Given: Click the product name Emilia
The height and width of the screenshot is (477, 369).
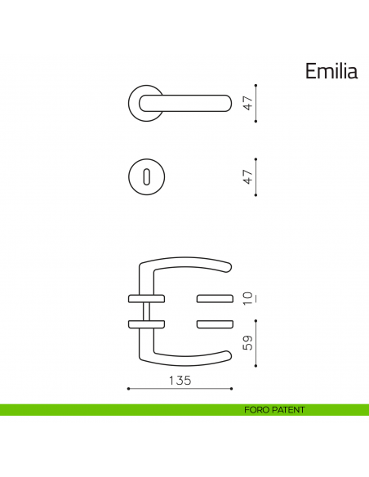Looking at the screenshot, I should [331, 71].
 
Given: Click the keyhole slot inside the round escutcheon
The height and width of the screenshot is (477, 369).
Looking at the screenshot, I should [147, 176].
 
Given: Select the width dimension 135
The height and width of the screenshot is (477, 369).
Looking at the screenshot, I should [180, 380].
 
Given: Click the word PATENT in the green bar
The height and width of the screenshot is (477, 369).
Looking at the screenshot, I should [288, 410].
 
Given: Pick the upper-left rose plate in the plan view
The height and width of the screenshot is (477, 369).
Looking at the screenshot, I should [147, 296].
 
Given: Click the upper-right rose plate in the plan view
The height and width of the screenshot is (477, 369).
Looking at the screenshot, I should [214, 296].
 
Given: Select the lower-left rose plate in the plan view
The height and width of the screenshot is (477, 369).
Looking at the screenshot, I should [147, 325].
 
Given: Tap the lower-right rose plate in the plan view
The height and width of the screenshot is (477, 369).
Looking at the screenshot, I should [214, 325].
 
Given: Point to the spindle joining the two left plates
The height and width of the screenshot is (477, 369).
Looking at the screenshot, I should [147, 311].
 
